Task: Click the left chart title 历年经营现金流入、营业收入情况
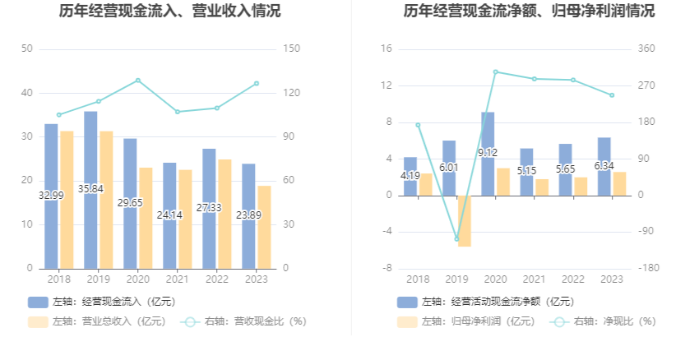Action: point(169,12)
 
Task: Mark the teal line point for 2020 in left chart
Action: point(137,81)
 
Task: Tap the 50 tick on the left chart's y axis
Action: point(27,49)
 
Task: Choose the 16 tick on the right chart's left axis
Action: point(387,49)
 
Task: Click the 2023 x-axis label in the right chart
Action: point(612,279)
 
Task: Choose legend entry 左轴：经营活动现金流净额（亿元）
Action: point(485,302)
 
